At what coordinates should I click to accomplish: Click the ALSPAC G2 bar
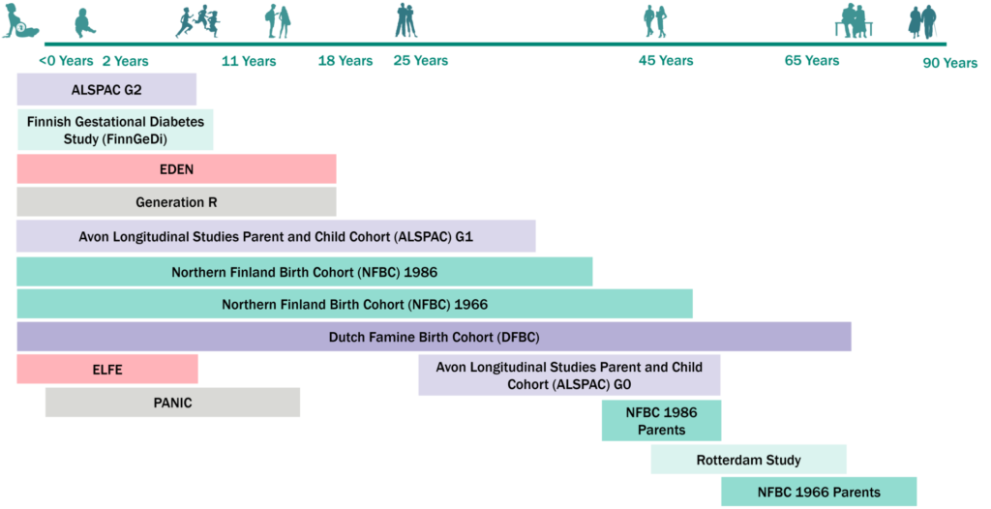pos(106,90)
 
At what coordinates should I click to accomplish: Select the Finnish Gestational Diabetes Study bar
pos(115,130)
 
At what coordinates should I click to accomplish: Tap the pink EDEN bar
pos(176,168)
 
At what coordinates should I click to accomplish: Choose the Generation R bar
pos(176,202)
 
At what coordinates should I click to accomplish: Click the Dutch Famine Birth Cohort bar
pos(434,337)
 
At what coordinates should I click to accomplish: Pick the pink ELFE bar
pos(107,370)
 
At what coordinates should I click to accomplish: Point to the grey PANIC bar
pos(172,403)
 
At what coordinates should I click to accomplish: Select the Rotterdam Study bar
pos(748,460)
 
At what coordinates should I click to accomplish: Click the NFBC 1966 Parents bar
pos(818,492)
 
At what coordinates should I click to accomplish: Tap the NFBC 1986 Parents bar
pos(661,421)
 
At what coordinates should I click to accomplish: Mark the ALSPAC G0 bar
pos(569,375)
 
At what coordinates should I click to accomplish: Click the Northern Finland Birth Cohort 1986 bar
pos(304,272)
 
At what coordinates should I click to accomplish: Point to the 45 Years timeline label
pos(666,60)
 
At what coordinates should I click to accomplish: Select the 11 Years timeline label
pos(249,61)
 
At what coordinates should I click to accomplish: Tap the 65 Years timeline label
pos(811,60)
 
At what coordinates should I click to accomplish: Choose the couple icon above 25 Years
pos(405,21)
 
